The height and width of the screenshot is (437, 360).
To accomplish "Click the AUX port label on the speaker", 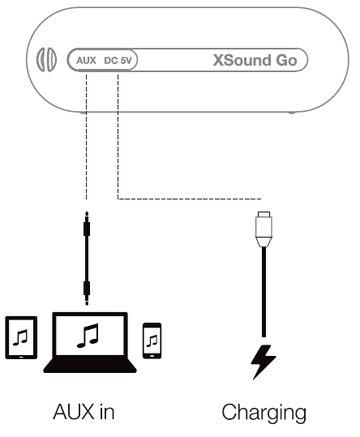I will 85,60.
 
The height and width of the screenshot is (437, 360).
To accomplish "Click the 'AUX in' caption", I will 84,412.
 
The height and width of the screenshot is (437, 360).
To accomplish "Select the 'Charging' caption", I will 264,412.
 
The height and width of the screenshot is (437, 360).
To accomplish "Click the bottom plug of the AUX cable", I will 85,288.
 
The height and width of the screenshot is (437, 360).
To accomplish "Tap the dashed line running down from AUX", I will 85,138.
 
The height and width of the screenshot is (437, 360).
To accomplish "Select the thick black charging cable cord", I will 262,292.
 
